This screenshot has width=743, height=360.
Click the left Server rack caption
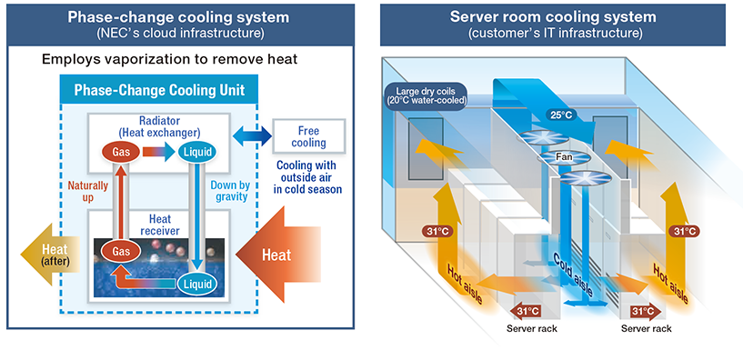point(531,328)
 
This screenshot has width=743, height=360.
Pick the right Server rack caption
point(647,328)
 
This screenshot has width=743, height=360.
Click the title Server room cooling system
point(556,16)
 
